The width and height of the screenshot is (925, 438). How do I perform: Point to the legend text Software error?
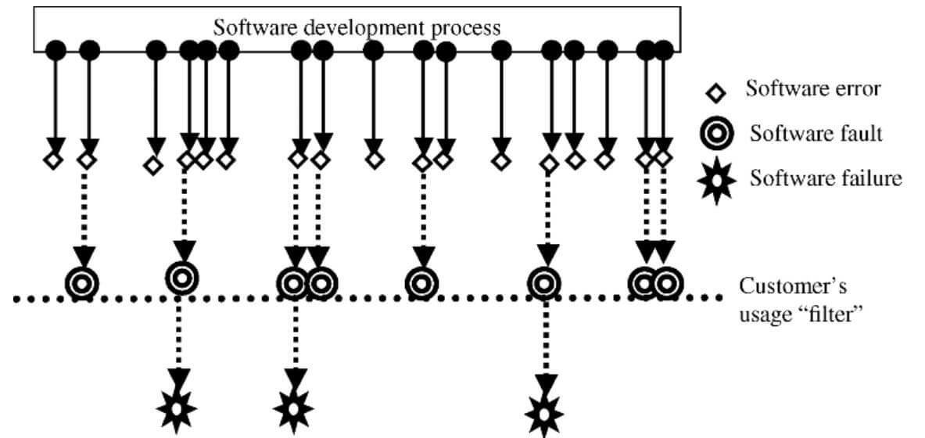click(813, 88)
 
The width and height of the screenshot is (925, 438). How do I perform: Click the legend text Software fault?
click(816, 134)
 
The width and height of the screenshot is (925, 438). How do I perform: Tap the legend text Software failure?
click(826, 179)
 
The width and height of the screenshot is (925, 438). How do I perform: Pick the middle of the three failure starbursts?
click(294, 407)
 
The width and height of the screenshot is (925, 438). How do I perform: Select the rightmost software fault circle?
click(667, 282)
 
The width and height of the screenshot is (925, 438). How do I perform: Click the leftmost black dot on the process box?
click(56, 49)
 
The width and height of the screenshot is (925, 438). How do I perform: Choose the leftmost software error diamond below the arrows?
click(52, 161)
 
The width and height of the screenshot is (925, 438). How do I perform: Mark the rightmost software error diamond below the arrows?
click(663, 158)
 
